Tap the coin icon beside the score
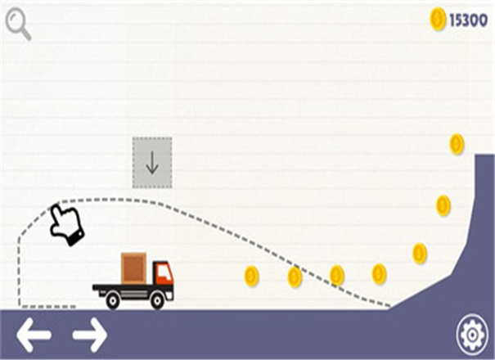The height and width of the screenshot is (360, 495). coord(438,20)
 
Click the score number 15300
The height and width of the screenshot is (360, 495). coord(468,20)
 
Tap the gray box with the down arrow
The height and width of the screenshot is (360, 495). coord(152,163)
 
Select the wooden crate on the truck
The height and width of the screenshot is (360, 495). coord(133,268)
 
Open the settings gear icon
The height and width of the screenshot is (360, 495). coord(471,334)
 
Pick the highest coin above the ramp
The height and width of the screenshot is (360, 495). coord(457,145)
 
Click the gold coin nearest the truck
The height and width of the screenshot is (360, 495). coord(251,276)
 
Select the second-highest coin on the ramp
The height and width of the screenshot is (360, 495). coord(443,205)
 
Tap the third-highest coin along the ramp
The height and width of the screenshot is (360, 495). coord(420,253)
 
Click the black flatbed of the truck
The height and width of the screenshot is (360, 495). coord(123,287)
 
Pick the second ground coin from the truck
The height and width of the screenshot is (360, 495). coord(295,277)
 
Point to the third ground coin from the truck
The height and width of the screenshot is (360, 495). coord(336,276)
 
